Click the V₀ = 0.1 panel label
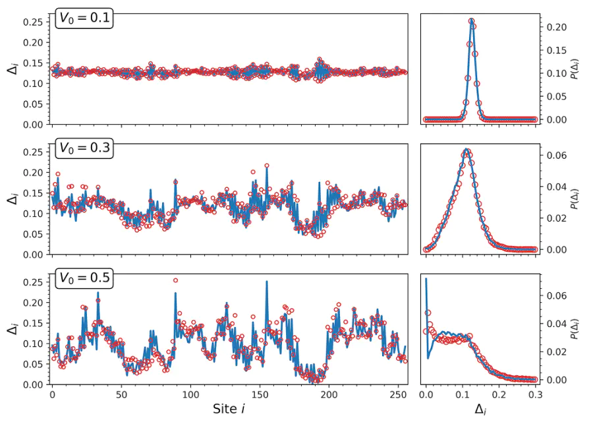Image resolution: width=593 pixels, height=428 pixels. click(86, 19)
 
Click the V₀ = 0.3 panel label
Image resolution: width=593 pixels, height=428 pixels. click(86, 149)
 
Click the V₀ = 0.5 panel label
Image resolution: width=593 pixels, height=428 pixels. click(86, 278)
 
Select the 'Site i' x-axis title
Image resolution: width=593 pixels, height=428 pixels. click(229, 410)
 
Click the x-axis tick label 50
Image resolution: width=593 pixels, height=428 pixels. click(121, 395)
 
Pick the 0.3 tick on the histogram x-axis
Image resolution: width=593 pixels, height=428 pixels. click(535, 395)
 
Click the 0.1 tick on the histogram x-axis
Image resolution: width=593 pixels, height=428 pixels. click(462, 395)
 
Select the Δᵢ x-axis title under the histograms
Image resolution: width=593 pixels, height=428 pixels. click(480, 410)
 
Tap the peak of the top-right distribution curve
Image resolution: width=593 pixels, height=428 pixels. click(471, 20)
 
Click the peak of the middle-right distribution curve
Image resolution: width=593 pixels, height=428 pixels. click(466, 150)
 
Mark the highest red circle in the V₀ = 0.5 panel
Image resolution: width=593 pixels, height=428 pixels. click(175, 280)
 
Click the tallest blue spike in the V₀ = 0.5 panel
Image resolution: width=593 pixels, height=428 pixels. click(267, 282)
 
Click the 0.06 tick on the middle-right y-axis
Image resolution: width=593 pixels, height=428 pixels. click(555, 156)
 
